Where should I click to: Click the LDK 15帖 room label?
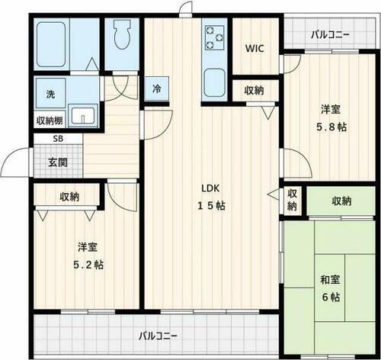[x=212, y=196]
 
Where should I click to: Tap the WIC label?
[x=255, y=48]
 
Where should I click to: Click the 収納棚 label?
[x=50, y=121]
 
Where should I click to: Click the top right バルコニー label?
[x=331, y=34]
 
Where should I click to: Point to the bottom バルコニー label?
[x=158, y=336]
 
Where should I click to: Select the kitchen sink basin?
[x=213, y=79]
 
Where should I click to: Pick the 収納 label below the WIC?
[x=255, y=91]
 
